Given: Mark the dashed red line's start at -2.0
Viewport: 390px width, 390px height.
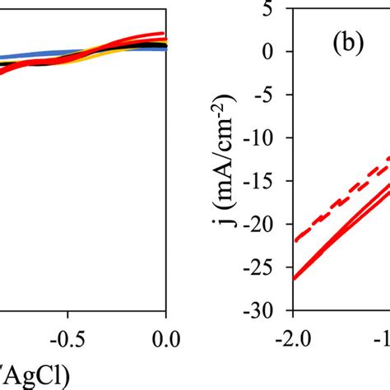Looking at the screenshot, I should point(295,240).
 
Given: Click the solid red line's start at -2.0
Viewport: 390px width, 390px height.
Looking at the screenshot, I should point(295,279).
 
